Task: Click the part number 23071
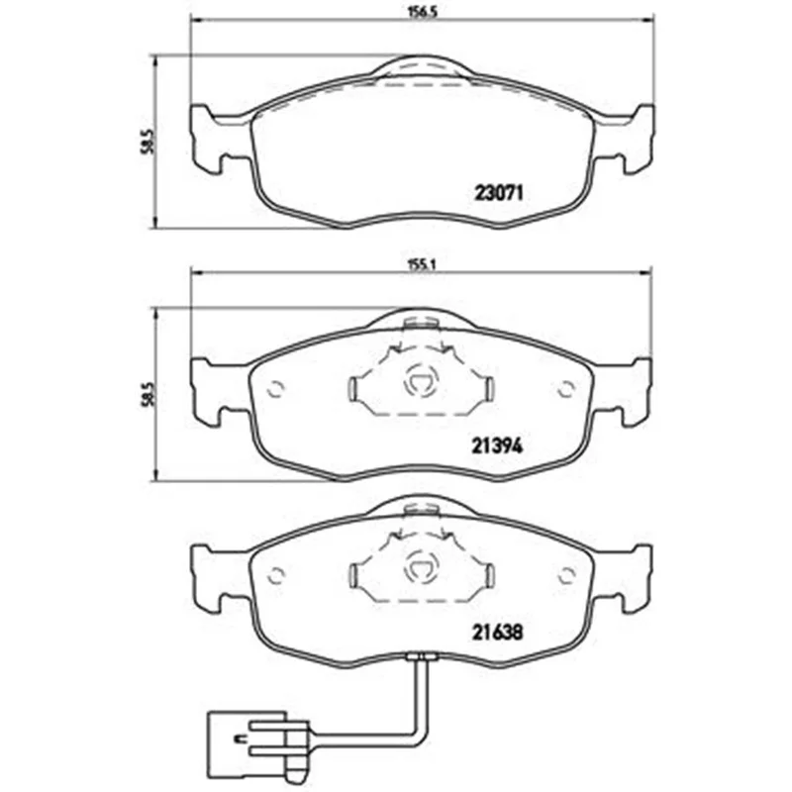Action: point(498,192)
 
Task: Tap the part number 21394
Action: point(498,445)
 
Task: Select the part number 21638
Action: point(498,632)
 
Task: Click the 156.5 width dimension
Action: point(422,13)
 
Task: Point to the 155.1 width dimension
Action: point(422,266)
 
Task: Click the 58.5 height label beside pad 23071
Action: point(147,141)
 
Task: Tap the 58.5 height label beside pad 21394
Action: point(147,394)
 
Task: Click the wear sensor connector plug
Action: point(257,748)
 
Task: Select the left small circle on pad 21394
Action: point(276,388)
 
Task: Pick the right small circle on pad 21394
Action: point(566,388)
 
